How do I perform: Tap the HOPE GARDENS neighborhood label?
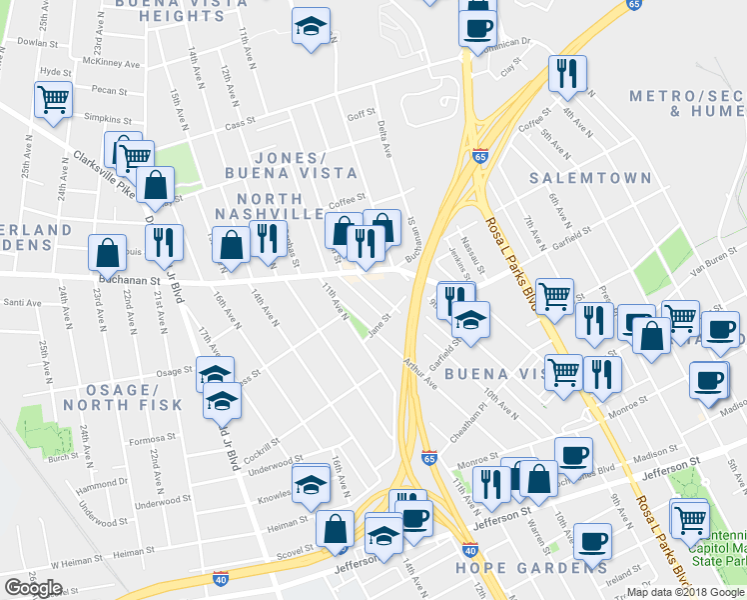(524, 568)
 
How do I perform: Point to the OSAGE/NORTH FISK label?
(122, 396)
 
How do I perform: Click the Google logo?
(33, 588)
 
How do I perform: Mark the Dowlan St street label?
(33, 43)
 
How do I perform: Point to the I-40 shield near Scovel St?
(221, 578)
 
